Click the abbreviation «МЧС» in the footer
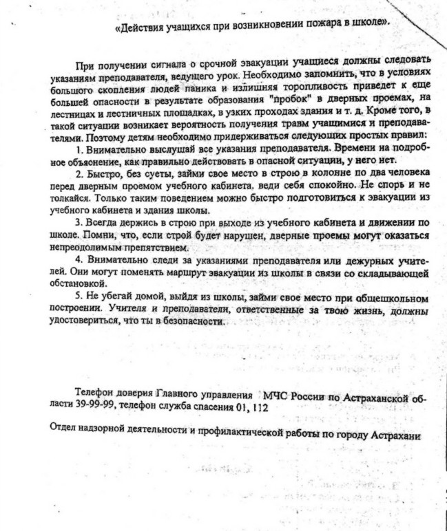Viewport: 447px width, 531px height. [x=274, y=397]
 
